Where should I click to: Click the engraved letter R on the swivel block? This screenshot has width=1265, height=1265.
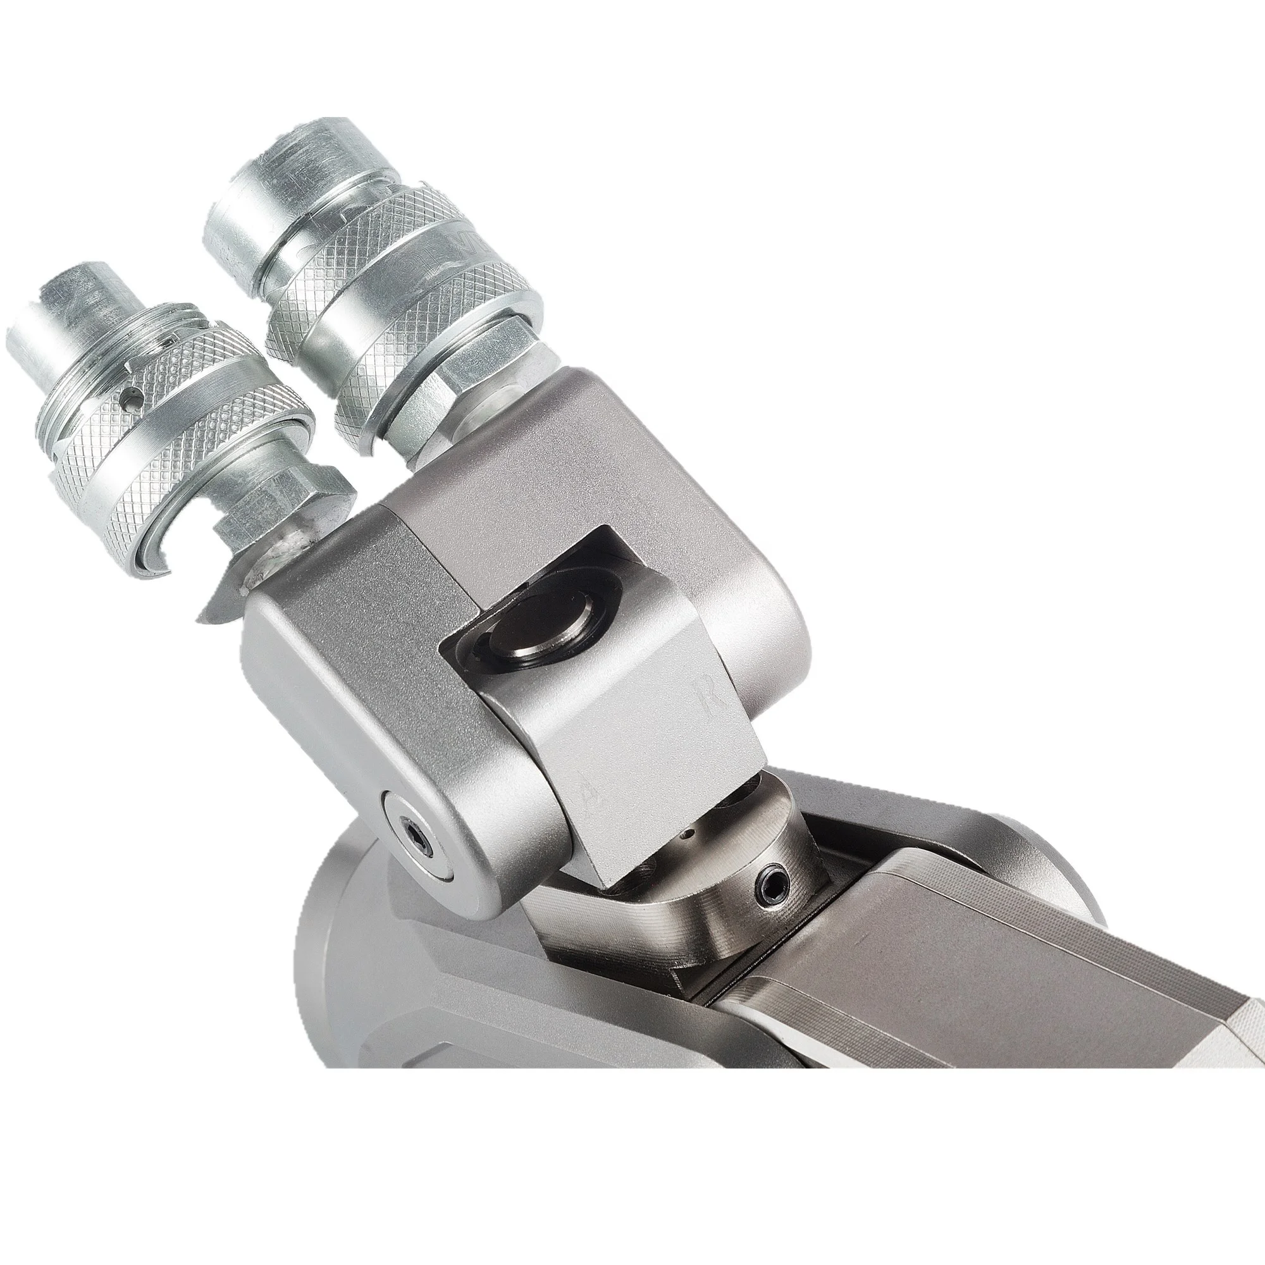(708, 701)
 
